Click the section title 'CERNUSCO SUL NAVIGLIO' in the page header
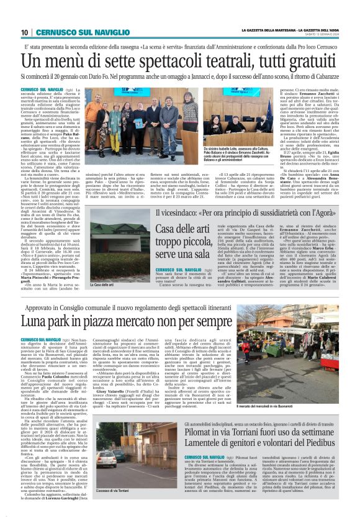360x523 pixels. (68, 33)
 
